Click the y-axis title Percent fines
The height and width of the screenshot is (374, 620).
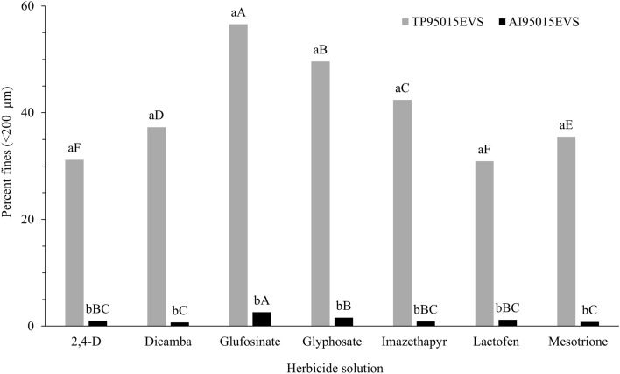[11, 166]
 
